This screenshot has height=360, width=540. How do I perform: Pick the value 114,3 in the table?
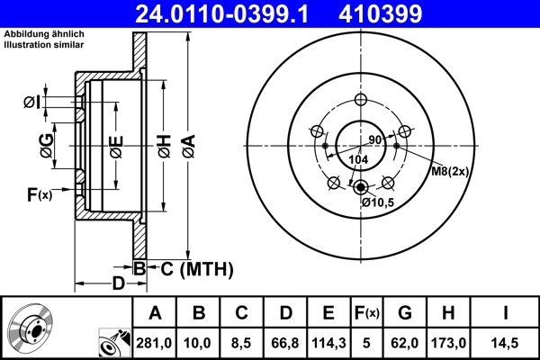(328, 341)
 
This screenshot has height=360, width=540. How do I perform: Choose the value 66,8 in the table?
(284, 341)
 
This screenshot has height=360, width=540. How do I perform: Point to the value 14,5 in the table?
(509, 341)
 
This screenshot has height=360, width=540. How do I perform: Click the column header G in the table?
(404, 313)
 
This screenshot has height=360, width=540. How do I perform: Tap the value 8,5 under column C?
(241, 341)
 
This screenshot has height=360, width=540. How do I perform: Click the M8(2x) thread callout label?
(447, 171)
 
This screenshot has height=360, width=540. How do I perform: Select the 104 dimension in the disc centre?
(358, 159)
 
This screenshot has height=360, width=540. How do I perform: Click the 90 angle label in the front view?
(375, 139)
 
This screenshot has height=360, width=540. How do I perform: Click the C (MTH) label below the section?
(190, 268)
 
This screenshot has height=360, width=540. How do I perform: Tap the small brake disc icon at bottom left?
(32, 329)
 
